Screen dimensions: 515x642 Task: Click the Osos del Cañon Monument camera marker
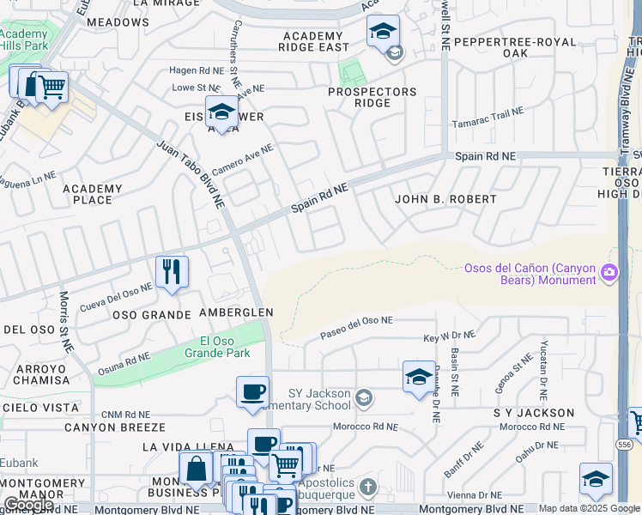click(x=609, y=273)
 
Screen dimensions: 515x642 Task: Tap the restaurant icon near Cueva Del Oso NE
click(x=172, y=272)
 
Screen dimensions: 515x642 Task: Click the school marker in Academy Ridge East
click(x=382, y=33)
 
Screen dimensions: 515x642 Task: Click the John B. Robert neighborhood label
click(x=445, y=199)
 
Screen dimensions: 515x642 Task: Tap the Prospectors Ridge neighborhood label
click(x=372, y=98)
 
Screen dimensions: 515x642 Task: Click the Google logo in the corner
click(x=27, y=505)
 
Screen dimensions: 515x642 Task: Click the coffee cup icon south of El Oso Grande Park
click(x=252, y=392)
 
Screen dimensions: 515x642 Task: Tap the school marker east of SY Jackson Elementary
click(x=418, y=376)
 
